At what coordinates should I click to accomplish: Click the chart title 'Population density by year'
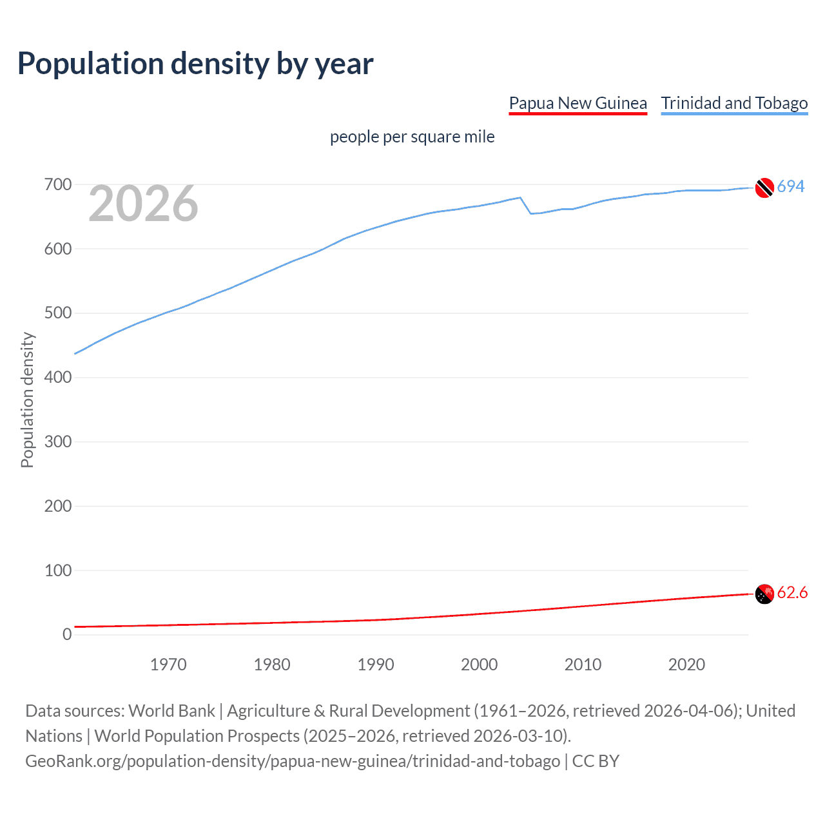click(195, 64)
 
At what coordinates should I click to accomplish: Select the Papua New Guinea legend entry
click(577, 103)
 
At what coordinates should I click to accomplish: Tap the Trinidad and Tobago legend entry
click(734, 103)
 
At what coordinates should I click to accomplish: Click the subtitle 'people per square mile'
click(412, 137)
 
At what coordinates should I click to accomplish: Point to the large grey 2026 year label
click(143, 204)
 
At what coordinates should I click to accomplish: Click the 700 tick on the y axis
click(57, 185)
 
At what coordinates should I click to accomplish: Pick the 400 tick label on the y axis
click(57, 378)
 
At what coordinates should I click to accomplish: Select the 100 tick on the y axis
click(57, 570)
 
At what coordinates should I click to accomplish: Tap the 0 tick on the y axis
click(67, 635)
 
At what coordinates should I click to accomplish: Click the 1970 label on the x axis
click(168, 665)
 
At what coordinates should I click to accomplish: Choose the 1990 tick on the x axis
click(376, 665)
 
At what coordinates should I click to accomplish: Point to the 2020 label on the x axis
click(686, 665)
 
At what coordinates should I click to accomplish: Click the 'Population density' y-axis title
click(27, 400)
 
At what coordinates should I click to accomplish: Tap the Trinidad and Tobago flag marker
click(764, 188)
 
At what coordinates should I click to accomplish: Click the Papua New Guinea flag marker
click(764, 594)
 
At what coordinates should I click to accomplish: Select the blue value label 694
click(791, 187)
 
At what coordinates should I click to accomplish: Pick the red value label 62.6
click(792, 593)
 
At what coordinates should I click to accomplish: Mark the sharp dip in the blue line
click(530, 213)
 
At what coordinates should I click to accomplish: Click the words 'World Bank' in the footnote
click(171, 711)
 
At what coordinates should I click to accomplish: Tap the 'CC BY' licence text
click(596, 761)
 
